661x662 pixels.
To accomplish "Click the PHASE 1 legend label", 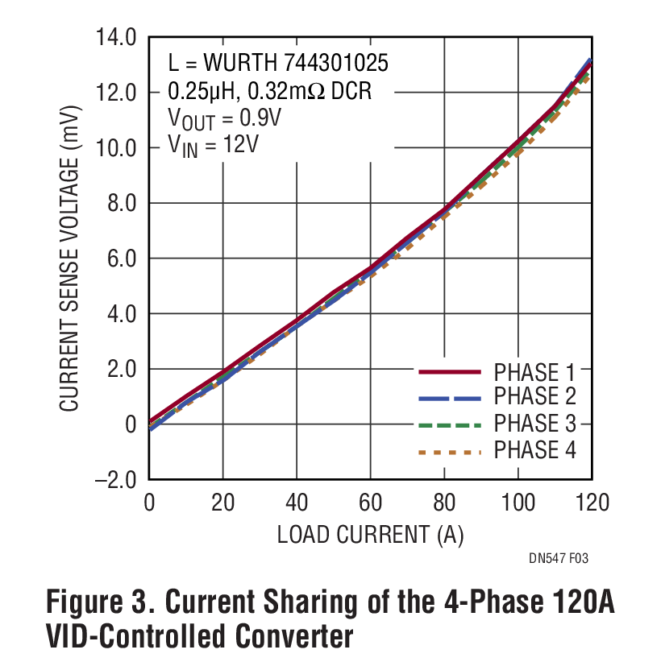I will click(x=534, y=372).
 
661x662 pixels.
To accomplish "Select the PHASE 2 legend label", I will click(x=534, y=397).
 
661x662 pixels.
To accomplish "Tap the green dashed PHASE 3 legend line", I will click(x=449, y=424).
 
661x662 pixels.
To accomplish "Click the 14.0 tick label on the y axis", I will click(x=118, y=37).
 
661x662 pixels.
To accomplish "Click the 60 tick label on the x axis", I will click(x=371, y=504).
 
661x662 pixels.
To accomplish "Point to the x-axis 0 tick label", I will click(x=149, y=504).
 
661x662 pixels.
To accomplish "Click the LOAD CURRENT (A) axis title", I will click(x=371, y=534).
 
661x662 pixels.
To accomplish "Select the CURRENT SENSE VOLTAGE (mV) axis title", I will click(x=70, y=259).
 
